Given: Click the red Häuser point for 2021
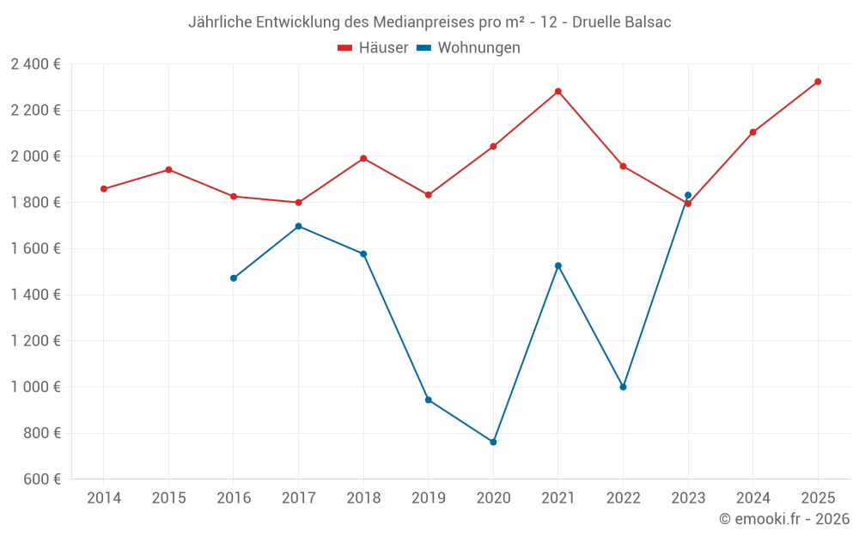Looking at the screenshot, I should pyautogui.click(x=558, y=91).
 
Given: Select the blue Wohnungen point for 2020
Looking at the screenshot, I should pyautogui.click(x=493, y=442).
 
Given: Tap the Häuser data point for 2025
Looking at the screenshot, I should pyautogui.click(x=818, y=82).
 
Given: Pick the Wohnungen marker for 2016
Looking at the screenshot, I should pyautogui.click(x=234, y=278).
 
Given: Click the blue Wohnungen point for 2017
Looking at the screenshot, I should pyautogui.click(x=298, y=226).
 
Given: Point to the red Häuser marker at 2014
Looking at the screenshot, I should pyautogui.click(x=104, y=189).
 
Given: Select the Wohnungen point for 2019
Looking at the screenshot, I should pyautogui.click(x=429, y=400).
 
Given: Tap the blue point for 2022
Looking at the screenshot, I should pyautogui.click(x=623, y=387).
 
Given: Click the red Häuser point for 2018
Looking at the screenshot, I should pyautogui.click(x=363, y=158).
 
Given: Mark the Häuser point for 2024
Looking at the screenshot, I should pyautogui.click(x=752, y=132).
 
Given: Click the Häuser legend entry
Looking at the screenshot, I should pyautogui.click(x=373, y=48).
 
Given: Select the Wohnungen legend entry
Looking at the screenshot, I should pyautogui.click(x=469, y=48).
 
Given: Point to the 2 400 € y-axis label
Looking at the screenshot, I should pyautogui.click(x=35, y=64).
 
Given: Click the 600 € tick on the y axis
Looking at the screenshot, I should pyautogui.click(x=40, y=479).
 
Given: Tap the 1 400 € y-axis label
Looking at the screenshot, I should pyautogui.click(x=35, y=295).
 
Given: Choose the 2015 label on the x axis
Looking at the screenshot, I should pyautogui.click(x=168, y=497).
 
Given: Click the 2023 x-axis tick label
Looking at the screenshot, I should pyautogui.click(x=688, y=497).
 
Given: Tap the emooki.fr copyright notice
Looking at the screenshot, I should pyautogui.click(x=784, y=519).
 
